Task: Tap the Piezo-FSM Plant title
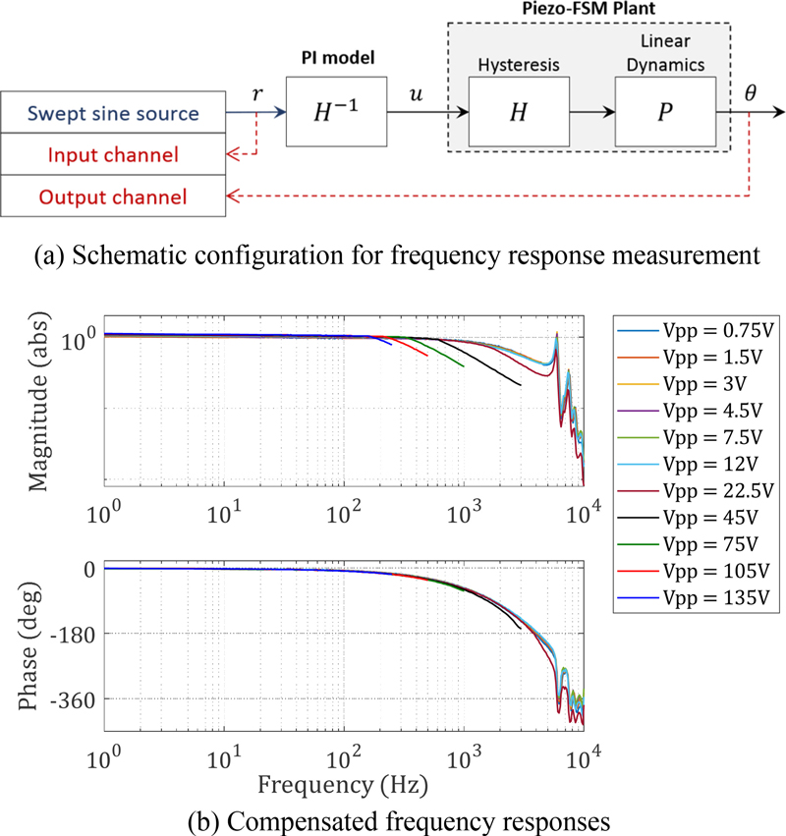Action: (x=589, y=11)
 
